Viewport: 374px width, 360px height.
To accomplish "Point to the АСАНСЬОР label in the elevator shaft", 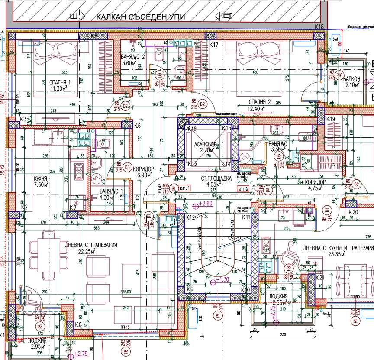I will point(208,145).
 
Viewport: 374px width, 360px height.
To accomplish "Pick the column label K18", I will point(319,26).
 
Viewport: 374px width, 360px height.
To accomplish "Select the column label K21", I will point(320,277).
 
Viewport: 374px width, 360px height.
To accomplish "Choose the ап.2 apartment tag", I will point(244,189).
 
